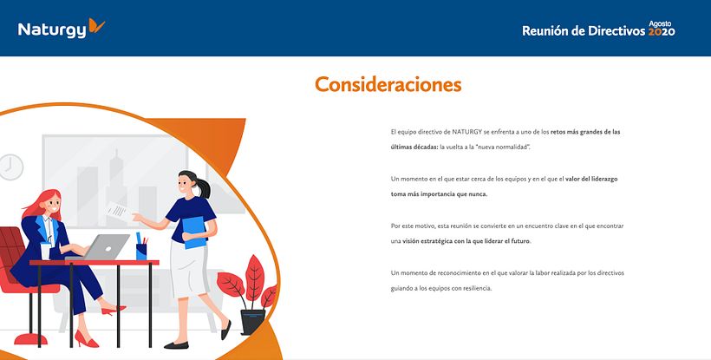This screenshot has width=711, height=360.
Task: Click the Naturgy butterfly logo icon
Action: [x=96, y=27]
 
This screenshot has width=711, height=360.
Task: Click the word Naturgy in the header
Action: [x=52, y=30]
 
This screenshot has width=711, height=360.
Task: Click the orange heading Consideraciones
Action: [x=388, y=84]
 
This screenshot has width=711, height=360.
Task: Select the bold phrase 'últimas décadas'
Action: [x=414, y=147]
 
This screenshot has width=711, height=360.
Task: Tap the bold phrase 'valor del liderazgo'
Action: [x=586, y=178]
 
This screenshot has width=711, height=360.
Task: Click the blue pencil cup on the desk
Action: [x=141, y=251]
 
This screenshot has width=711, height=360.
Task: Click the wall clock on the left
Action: [x=10, y=167]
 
